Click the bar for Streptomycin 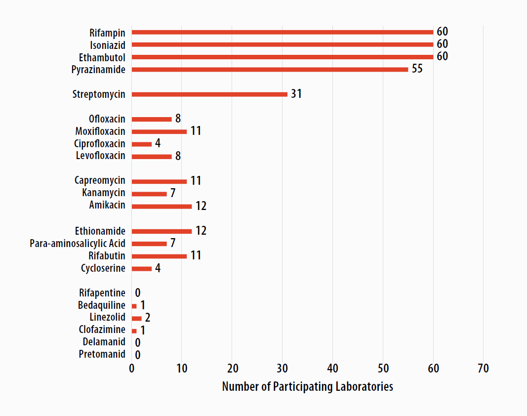click(209, 94)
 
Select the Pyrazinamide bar click(270, 69)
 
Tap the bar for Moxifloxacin click(159, 131)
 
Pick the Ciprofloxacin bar click(142, 144)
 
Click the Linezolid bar click(137, 318)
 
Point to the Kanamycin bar click(149, 194)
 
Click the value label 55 click(417, 69)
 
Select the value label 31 click(296, 94)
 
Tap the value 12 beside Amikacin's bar click(201, 206)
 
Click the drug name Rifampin click(107, 33)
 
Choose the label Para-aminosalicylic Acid click(78, 244)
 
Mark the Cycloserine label click(103, 268)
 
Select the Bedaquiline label click(102, 305)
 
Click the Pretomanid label click(102, 354)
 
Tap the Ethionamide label click(100, 231)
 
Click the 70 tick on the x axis click(483, 369)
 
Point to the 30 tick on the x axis click(283, 369)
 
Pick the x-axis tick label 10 click(182, 369)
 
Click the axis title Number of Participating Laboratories click(307, 386)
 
